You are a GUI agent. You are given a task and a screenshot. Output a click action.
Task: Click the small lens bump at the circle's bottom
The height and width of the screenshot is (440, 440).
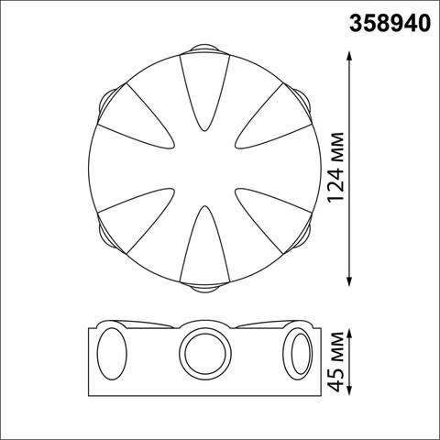coord(203,289)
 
